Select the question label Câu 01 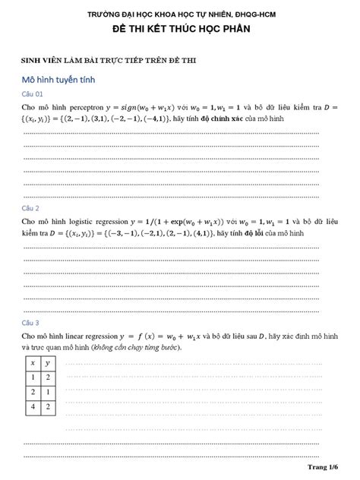[x=34, y=94]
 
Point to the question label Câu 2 [x=32, y=207]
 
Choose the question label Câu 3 [x=32, y=322]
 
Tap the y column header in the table [x=49, y=363]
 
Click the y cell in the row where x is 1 [x=49, y=377]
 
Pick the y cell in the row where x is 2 [x=49, y=392]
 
